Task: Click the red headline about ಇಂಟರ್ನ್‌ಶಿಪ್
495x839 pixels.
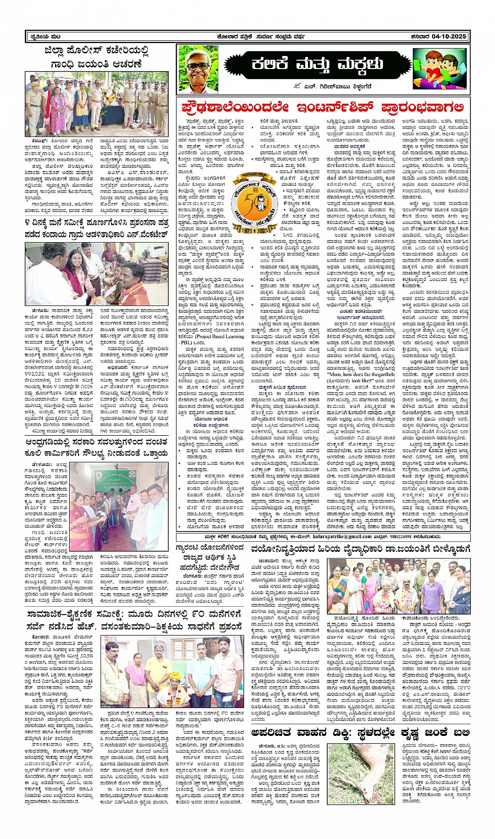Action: click(323, 107)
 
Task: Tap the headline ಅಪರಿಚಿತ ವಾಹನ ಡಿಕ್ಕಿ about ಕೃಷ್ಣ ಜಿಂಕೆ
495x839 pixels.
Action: click(360, 732)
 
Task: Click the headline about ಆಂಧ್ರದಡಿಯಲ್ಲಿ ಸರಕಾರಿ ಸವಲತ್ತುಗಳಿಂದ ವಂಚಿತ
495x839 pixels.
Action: click(97, 449)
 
